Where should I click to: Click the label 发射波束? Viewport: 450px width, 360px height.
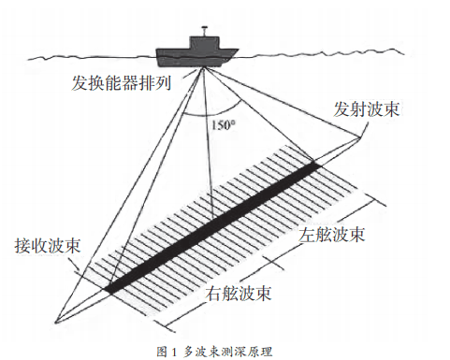(x=369, y=108)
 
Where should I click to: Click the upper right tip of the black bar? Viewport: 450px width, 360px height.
(x=317, y=166)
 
